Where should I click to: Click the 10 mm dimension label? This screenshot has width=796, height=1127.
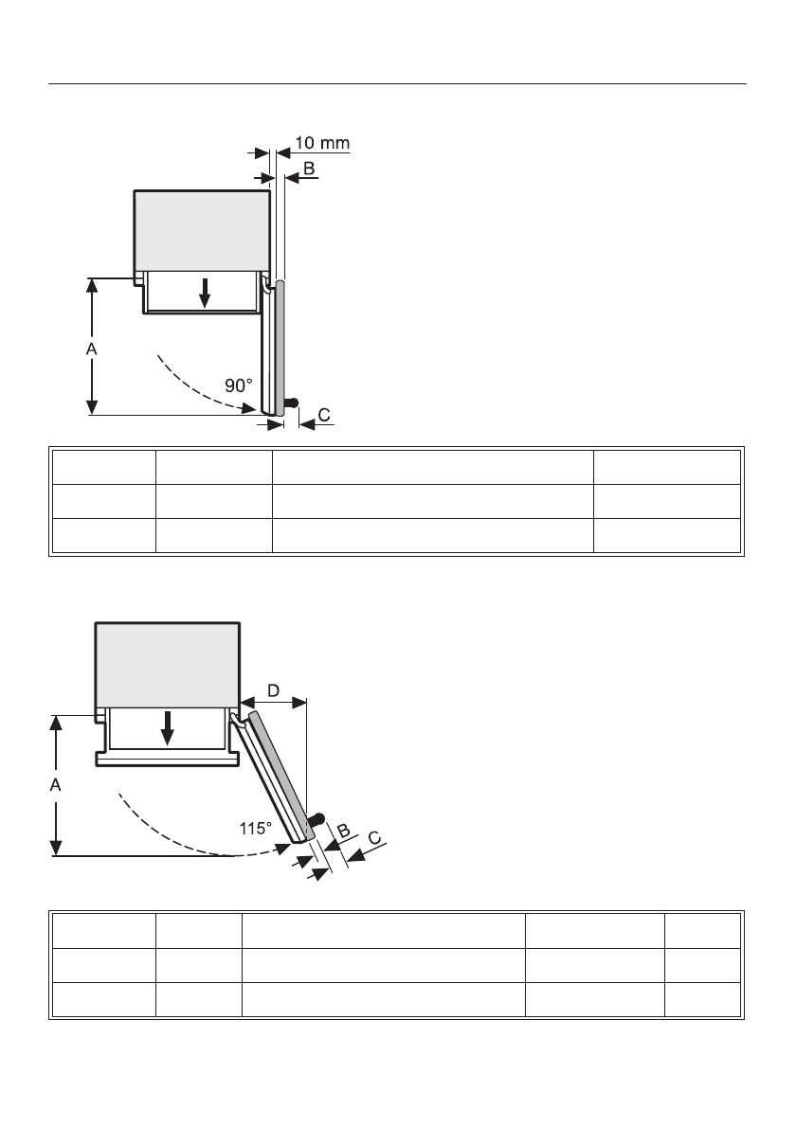tap(320, 144)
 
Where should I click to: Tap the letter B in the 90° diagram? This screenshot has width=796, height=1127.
tap(308, 168)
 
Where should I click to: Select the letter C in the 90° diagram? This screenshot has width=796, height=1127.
tap(324, 415)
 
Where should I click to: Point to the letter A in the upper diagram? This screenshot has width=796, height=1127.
tap(91, 349)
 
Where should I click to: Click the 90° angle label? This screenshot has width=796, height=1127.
tap(239, 386)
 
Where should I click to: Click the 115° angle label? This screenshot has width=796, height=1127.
tap(255, 827)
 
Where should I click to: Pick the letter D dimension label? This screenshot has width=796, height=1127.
tap(273, 691)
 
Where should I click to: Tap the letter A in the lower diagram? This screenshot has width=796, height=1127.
tap(56, 785)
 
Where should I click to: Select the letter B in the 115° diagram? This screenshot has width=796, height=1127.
tap(344, 831)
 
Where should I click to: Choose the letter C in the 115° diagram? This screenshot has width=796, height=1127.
tap(375, 837)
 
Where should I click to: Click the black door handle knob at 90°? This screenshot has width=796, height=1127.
tap(293, 402)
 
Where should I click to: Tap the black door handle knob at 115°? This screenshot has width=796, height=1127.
tap(319, 816)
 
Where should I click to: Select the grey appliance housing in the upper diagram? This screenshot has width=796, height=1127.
tap(203, 229)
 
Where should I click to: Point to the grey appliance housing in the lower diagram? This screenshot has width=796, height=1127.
tap(167, 664)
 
